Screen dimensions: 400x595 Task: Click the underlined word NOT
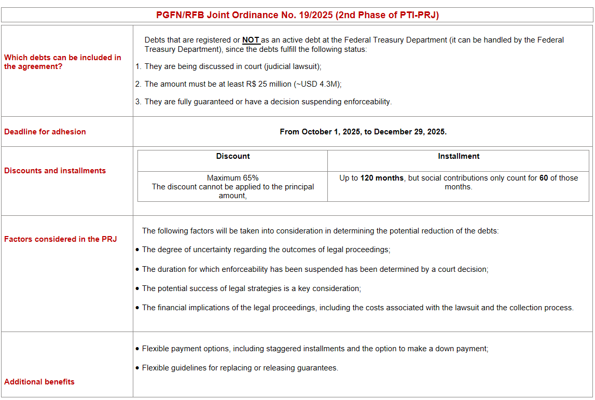coord(251,40)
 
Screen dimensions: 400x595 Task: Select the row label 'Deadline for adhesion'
coord(45,132)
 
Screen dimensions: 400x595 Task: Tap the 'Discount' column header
coord(233,156)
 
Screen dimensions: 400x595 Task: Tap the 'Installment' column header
coord(459,156)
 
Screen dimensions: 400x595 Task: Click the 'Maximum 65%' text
coord(232,178)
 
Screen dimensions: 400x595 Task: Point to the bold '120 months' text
coord(382,178)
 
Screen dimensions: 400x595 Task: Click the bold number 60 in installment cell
coord(544,178)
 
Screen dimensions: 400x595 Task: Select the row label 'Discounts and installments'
coord(55,171)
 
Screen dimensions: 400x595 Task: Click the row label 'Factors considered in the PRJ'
coord(61,239)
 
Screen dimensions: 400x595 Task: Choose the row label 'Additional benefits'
coord(39,382)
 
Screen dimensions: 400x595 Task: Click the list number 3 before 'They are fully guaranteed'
coord(138,102)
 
